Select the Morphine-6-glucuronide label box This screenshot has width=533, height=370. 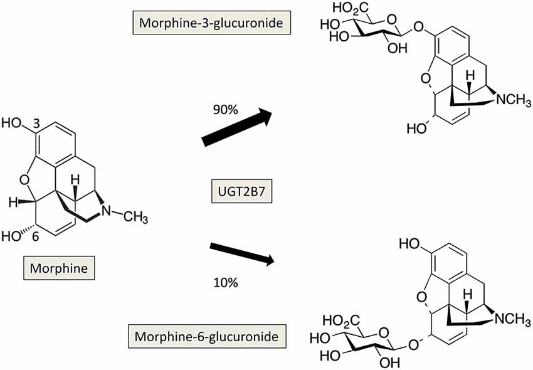click(x=208, y=337)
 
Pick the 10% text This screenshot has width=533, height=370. click(x=225, y=283)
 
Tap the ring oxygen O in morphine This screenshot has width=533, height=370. click(x=24, y=180)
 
